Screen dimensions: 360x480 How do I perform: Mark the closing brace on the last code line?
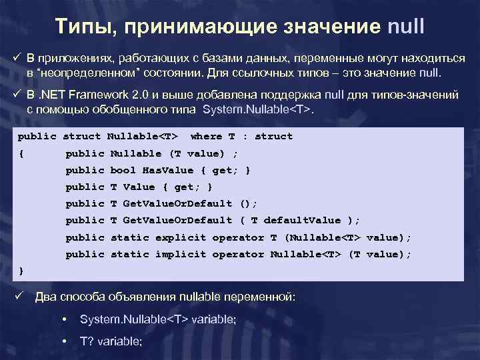point(21,271)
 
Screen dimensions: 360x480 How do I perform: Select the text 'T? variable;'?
point(111,341)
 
